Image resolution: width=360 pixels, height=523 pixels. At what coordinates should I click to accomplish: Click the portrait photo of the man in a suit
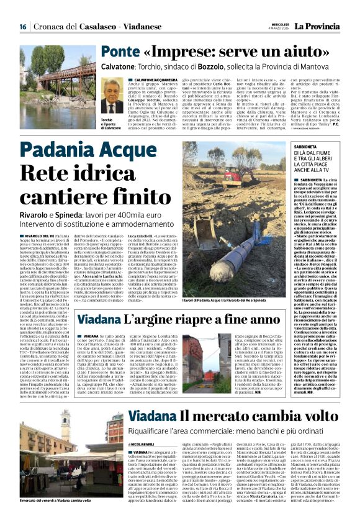click(x=112, y=98)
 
